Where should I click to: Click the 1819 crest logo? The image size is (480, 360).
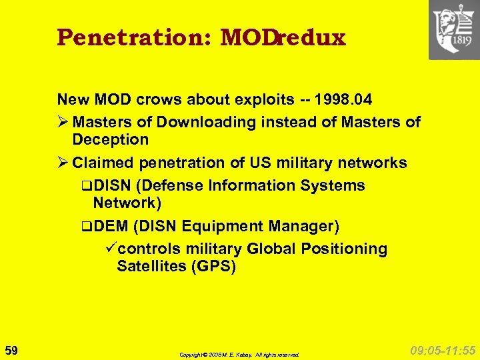click(454, 30)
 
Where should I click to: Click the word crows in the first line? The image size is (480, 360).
click(153, 100)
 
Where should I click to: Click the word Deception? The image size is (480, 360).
click(110, 139)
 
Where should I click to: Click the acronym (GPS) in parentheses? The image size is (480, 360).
click(213, 267)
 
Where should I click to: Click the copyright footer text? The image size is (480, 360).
click(239, 355)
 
